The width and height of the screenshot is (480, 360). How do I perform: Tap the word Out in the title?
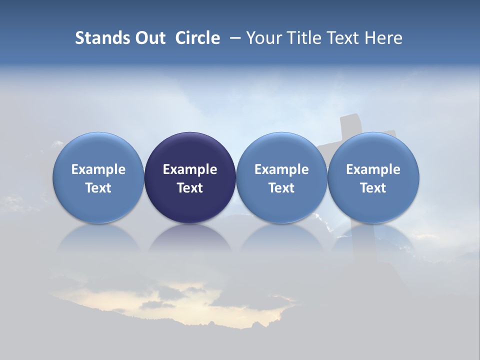149,38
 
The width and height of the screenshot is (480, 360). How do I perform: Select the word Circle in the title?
197,38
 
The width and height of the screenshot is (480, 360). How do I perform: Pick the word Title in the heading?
300,38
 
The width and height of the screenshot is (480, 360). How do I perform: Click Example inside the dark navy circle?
190,169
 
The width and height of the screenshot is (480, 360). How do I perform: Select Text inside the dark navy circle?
190,188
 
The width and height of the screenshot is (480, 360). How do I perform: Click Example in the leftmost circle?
98,169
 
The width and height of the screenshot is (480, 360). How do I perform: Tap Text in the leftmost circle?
98,188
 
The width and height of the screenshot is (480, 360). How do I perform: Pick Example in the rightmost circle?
373,169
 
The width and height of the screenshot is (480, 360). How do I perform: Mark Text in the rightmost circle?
373,188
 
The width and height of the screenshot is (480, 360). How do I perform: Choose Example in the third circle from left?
281,169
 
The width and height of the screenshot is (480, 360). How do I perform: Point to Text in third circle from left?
281,188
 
